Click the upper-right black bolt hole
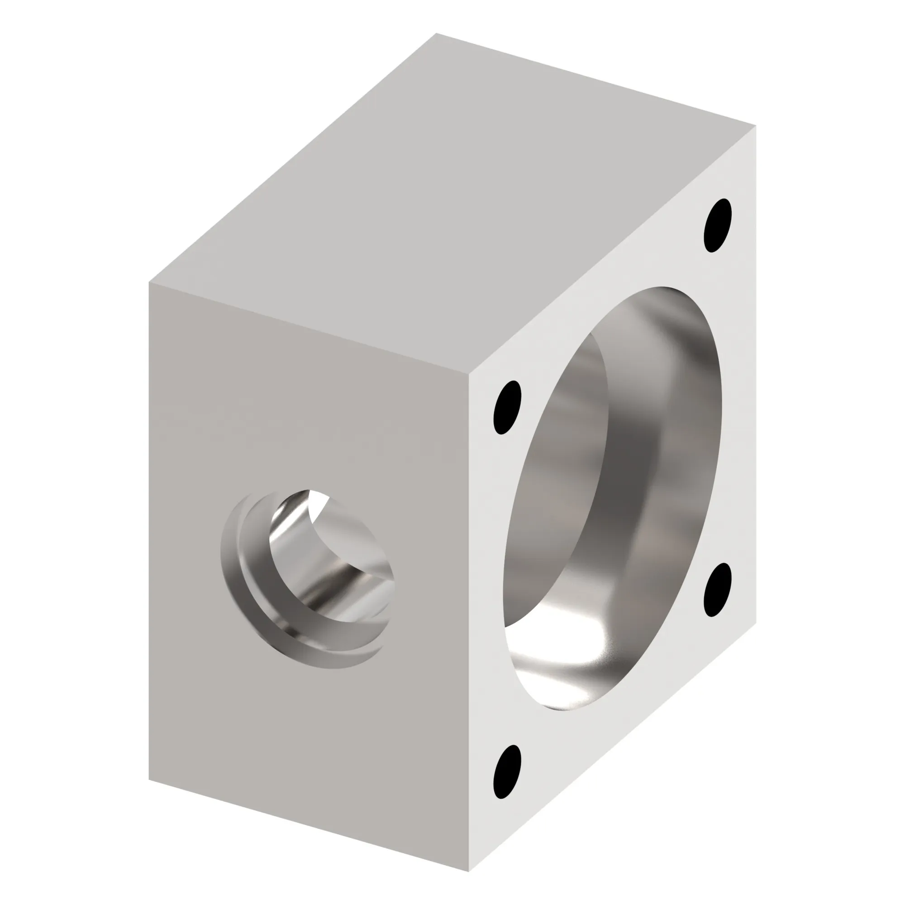(717, 225)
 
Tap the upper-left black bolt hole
(507, 407)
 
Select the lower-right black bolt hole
(717, 590)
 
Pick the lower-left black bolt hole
(507, 772)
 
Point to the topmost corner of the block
(436, 34)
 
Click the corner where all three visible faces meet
(469, 375)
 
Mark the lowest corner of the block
(469, 871)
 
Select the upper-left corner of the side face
(149, 282)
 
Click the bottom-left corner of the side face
(149, 780)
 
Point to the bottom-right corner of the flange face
(755, 625)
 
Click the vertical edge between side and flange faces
(469, 623)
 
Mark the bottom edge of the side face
(309, 825)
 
